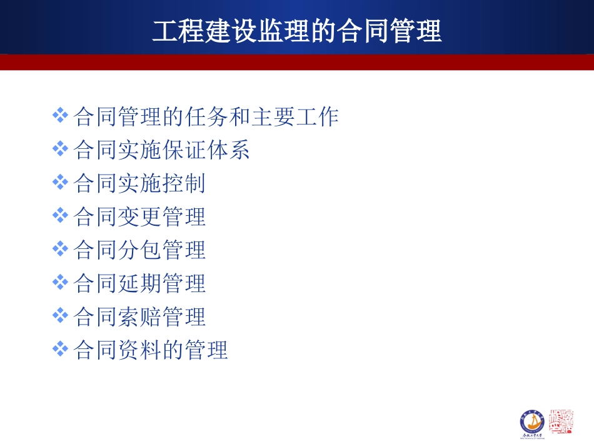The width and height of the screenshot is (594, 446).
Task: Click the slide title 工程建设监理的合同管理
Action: (297, 31)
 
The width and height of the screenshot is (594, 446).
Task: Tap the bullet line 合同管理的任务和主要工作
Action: (206, 116)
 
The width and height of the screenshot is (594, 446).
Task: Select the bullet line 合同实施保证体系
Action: (162, 150)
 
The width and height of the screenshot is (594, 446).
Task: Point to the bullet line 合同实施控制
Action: (139, 183)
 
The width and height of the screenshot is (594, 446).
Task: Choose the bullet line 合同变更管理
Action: (139, 217)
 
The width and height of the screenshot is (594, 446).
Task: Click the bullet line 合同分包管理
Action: (139, 250)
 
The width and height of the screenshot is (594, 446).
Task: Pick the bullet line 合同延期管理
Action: (139, 283)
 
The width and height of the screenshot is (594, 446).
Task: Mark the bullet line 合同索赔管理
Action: (139, 317)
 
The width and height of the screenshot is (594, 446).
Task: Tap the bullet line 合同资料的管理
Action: (151, 350)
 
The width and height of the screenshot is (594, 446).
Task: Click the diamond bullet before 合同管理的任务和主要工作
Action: (60, 115)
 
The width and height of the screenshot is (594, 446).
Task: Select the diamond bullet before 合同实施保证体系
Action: (60, 149)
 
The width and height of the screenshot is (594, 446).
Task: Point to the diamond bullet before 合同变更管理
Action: (60, 216)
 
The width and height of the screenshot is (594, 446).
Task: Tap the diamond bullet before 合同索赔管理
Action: (60, 316)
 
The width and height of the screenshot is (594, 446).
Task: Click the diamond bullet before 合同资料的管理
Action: (60, 349)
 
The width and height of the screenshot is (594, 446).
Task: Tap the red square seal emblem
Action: (561, 422)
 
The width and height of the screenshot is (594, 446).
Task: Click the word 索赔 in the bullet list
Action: (139, 317)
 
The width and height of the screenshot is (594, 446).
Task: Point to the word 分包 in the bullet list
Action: (139, 250)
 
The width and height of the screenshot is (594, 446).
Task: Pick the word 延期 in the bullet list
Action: (139, 283)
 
